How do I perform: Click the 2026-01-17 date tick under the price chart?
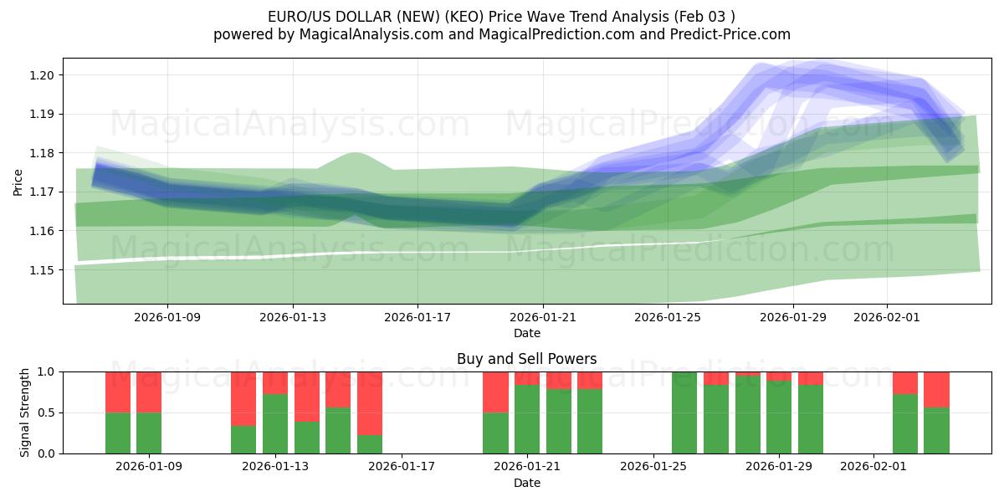(x=417, y=318)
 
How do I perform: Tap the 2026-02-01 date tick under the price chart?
(x=887, y=318)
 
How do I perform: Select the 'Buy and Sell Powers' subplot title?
(x=527, y=359)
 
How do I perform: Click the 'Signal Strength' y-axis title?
(x=25, y=412)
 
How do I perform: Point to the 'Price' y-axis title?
(x=18, y=182)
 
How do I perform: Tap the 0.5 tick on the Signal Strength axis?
(x=45, y=412)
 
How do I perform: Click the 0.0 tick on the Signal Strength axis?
(x=45, y=453)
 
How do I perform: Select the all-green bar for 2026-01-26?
(x=684, y=412)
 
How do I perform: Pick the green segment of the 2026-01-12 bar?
(x=243, y=440)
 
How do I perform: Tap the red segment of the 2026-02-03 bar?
(x=937, y=389)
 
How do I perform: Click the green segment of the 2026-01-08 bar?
(x=118, y=433)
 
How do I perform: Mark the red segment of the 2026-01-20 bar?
(x=495, y=392)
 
